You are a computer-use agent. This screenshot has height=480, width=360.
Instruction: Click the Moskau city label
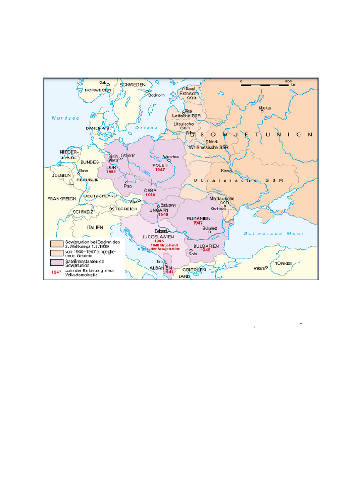coord(265,108)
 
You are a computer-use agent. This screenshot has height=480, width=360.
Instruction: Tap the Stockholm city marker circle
coord(147,92)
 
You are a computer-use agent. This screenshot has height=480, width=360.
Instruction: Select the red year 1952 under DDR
coord(111,172)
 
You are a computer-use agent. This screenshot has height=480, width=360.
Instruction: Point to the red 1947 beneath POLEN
coord(160,169)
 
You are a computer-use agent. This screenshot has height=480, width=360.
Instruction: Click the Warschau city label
coord(171,155)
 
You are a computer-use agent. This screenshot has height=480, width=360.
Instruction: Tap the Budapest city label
coord(168,205)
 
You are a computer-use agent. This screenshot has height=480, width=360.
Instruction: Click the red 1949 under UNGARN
coord(163,215)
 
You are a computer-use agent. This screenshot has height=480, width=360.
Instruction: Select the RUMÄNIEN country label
coord(198,218)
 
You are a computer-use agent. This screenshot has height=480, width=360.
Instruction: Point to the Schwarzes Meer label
coord(274,233)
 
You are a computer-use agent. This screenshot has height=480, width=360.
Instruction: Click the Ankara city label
coord(259,268)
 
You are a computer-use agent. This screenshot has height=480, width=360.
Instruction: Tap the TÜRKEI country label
coord(283,263)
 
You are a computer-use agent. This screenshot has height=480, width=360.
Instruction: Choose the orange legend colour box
coord(57,244)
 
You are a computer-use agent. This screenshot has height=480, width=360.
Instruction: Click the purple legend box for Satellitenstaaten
coord(57,262)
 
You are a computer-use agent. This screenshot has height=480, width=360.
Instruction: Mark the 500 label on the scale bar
coord(288,81)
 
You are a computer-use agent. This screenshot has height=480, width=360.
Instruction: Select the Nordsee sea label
coord(66,118)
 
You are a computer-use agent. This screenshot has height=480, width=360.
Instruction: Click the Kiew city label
coord(225,171)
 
